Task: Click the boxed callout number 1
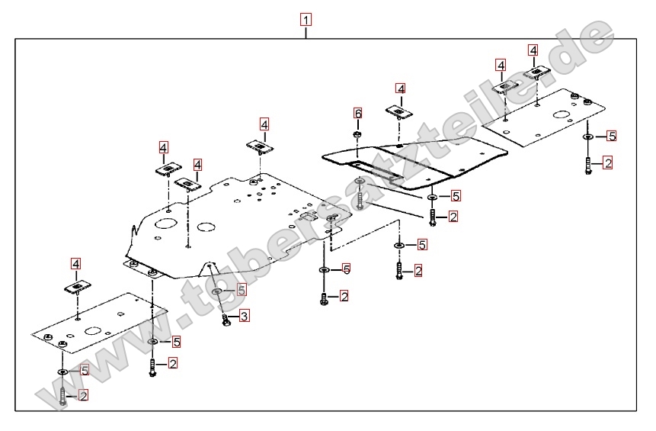[306, 20]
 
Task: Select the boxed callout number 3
[244, 316]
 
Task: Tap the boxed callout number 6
[357, 113]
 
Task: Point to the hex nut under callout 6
[357, 135]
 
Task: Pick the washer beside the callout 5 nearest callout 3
[218, 291]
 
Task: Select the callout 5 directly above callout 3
[242, 290]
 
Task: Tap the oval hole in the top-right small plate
[561, 117]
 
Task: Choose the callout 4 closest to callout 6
[400, 88]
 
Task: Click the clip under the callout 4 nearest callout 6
[398, 113]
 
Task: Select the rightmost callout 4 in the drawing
[533, 50]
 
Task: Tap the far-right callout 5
[611, 137]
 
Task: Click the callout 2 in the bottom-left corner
[83, 394]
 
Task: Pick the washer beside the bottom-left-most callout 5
[62, 371]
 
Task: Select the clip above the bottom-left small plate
[78, 288]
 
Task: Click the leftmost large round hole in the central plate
[165, 225]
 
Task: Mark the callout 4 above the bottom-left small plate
[75, 264]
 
